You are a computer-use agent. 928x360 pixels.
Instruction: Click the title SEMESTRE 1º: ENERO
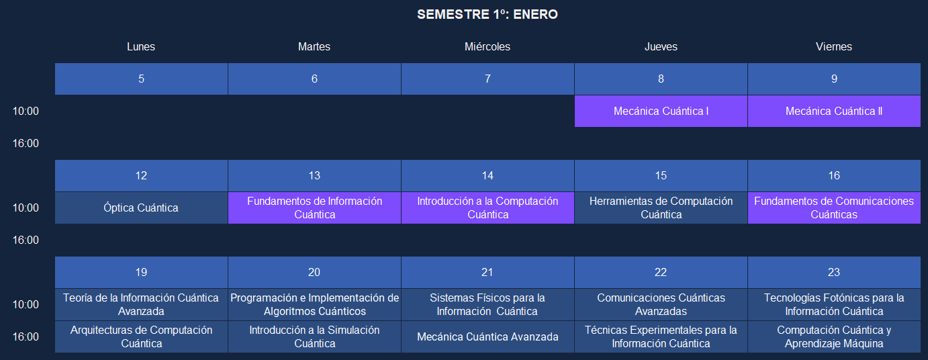point(488,15)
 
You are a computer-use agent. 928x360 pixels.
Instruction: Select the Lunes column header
point(141,46)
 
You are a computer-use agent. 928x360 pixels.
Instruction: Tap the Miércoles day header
point(488,46)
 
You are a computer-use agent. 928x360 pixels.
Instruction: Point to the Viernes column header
point(834,46)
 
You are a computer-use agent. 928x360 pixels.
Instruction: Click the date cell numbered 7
point(488,79)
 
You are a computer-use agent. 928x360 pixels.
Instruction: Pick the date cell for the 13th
point(314,176)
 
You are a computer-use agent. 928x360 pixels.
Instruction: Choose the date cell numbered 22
point(661,272)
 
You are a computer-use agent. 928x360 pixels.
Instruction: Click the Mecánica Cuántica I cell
point(661,111)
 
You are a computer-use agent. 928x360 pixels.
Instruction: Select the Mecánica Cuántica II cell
point(834,111)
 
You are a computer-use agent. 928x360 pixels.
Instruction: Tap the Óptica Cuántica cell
point(141,208)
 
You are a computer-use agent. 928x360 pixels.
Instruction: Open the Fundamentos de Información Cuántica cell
point(314,208)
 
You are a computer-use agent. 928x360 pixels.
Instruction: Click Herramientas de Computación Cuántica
point(661,208)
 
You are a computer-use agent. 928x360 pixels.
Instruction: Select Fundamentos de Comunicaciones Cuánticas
point(834,208)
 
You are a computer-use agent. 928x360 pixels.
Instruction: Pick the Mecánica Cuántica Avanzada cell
point(488,336)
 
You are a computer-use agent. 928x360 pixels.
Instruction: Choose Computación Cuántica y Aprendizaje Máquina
point(834,336)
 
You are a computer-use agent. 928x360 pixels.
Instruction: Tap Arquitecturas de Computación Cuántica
point(141,336)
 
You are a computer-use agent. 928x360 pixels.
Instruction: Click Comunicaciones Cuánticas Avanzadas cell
point(661,304)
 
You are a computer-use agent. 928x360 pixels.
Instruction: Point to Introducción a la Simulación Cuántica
point(314,336)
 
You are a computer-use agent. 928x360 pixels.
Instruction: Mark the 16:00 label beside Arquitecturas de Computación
point(26,336)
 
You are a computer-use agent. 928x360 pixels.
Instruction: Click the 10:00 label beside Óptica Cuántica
point(26,208)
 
